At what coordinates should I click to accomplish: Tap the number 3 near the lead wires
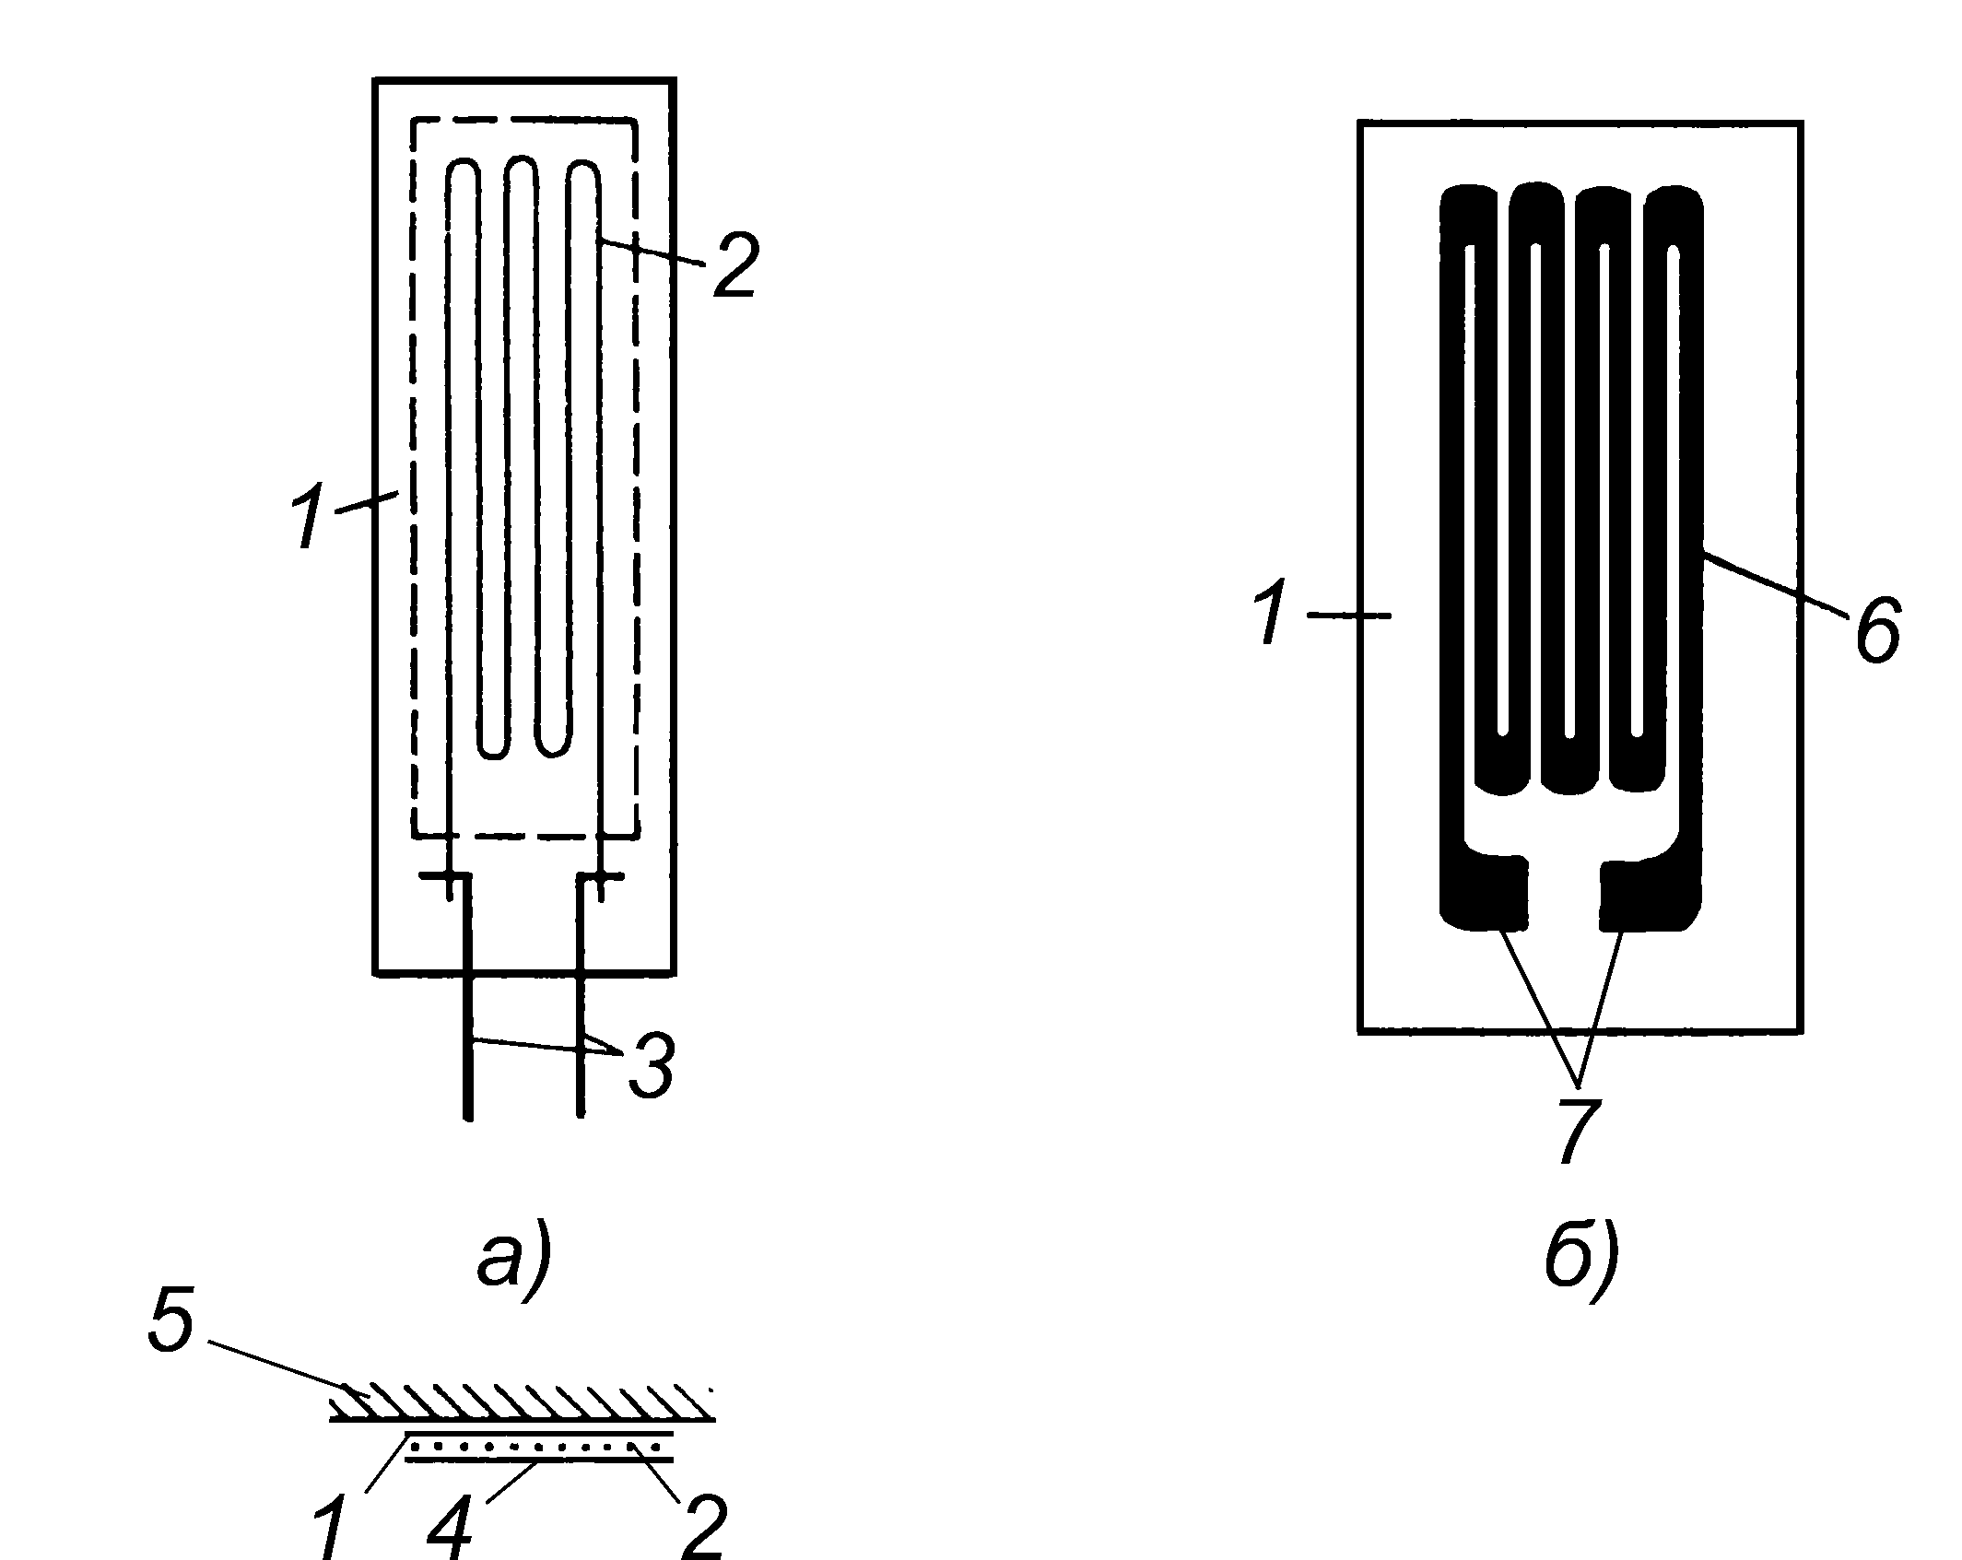coord(651,1066)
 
